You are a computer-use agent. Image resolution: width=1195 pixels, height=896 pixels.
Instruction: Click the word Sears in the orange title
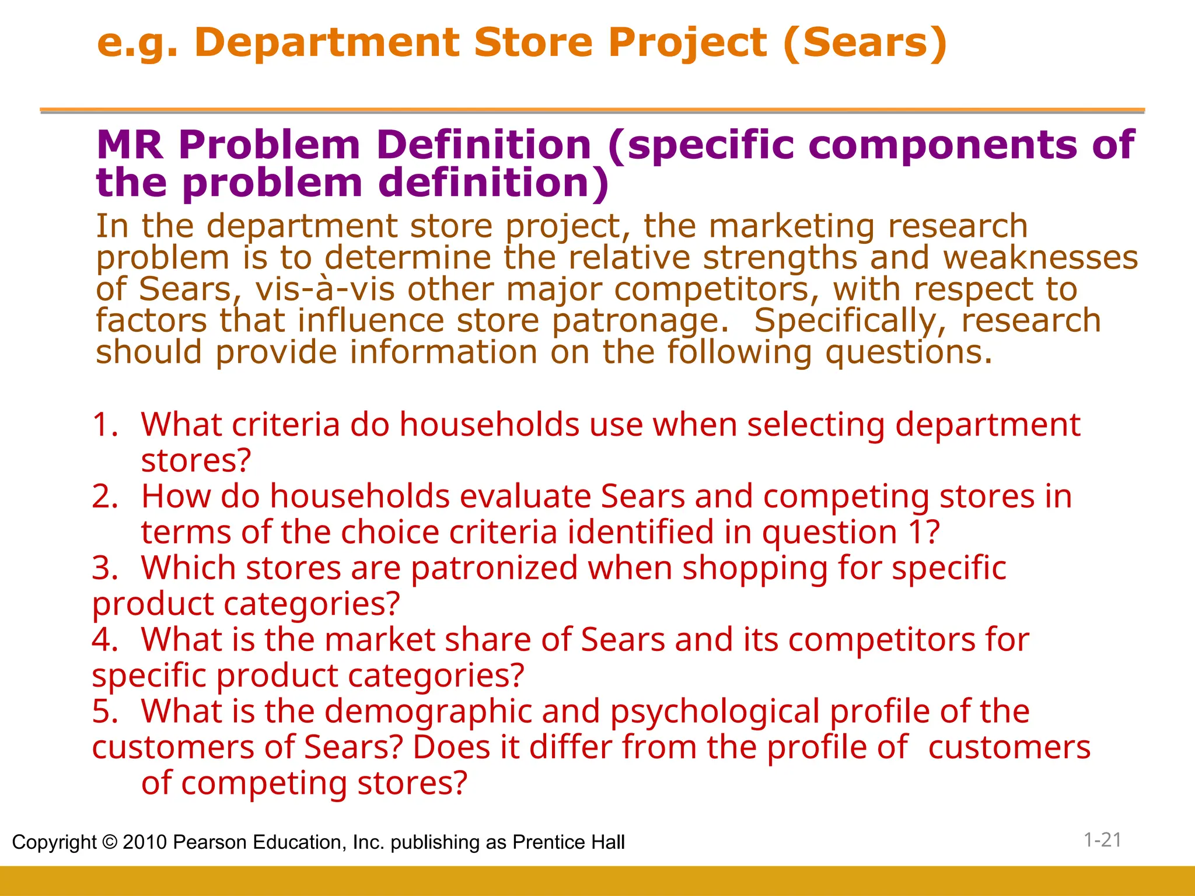pos(864,43)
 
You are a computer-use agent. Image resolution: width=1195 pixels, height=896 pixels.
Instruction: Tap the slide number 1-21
pos(1102,840)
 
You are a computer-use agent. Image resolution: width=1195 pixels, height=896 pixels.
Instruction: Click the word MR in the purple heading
pos(130,145)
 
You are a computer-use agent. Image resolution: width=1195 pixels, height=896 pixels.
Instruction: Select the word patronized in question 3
pos(494,569)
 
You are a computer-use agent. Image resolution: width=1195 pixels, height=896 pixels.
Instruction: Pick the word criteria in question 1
pos(285,424)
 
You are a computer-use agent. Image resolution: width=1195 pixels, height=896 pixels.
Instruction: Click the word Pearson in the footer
pos(209,842)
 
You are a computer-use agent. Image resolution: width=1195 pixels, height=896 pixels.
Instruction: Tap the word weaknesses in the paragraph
pos(1040,257)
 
